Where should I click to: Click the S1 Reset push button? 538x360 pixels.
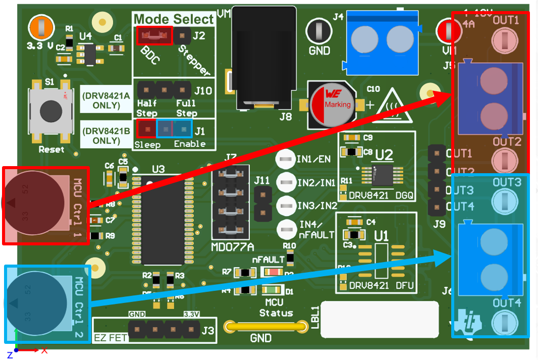pyautogui.click(x=50, y=110)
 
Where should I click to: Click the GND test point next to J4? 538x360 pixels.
pyautogui.click(x=319, y=31)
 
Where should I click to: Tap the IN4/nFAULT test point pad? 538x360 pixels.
pyautogui.click(x=286, y=228)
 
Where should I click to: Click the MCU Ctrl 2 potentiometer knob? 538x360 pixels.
pyautogui.click(x=36, y=303)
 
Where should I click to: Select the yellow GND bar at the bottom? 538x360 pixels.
pyautogui.click(x=266, y=327)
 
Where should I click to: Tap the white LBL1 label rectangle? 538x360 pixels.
pyautogui.click(x=380, y=319)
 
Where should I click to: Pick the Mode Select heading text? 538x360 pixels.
pyautogui.click(x=174, y=19)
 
